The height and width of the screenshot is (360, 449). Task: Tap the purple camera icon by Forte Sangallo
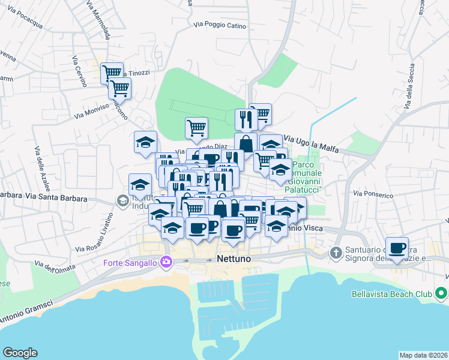coord(166,262)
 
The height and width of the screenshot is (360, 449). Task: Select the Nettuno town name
coord(232,259)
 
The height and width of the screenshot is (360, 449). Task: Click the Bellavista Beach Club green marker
coord(441,294)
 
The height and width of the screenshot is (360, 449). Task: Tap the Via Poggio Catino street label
coord(220,25)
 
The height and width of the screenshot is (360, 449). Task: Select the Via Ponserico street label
coord(373,194)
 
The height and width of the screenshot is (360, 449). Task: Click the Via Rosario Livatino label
coord(94,233)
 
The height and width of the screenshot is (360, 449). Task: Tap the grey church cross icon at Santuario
coord(336,253)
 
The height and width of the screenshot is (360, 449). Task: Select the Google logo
coord(20,353)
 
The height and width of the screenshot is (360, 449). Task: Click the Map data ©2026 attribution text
coord(424,355)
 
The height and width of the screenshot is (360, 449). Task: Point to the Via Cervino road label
coord(80,71)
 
